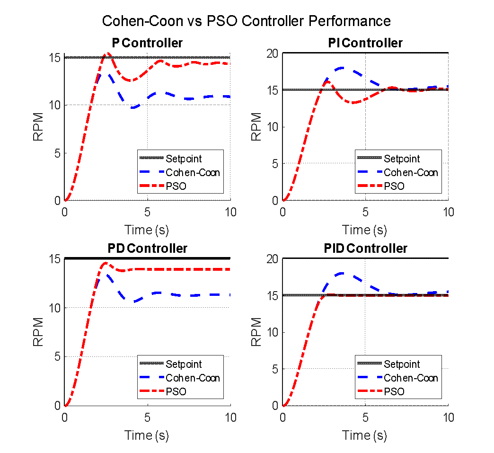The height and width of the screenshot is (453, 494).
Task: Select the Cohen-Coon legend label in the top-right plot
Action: coord(411,172)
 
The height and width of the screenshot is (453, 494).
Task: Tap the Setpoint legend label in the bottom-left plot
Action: coord(184,364)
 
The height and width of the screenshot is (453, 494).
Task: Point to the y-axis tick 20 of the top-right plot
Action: coord(272,53)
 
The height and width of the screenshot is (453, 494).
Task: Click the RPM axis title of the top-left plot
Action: coord(39,127)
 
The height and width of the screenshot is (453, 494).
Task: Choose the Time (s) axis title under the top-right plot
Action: coord(364,230)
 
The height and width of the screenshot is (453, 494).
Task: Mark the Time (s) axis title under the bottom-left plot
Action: coord(147,435)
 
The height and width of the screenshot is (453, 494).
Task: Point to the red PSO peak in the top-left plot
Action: coord(108,53)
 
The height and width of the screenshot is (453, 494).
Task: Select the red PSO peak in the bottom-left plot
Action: coord(106,263)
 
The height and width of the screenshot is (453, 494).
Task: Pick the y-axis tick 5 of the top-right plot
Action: coord(275,163)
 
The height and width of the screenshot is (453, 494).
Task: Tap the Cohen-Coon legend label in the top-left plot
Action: coord(193,172)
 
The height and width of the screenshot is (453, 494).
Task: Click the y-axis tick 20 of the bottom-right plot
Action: coord(272,259)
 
